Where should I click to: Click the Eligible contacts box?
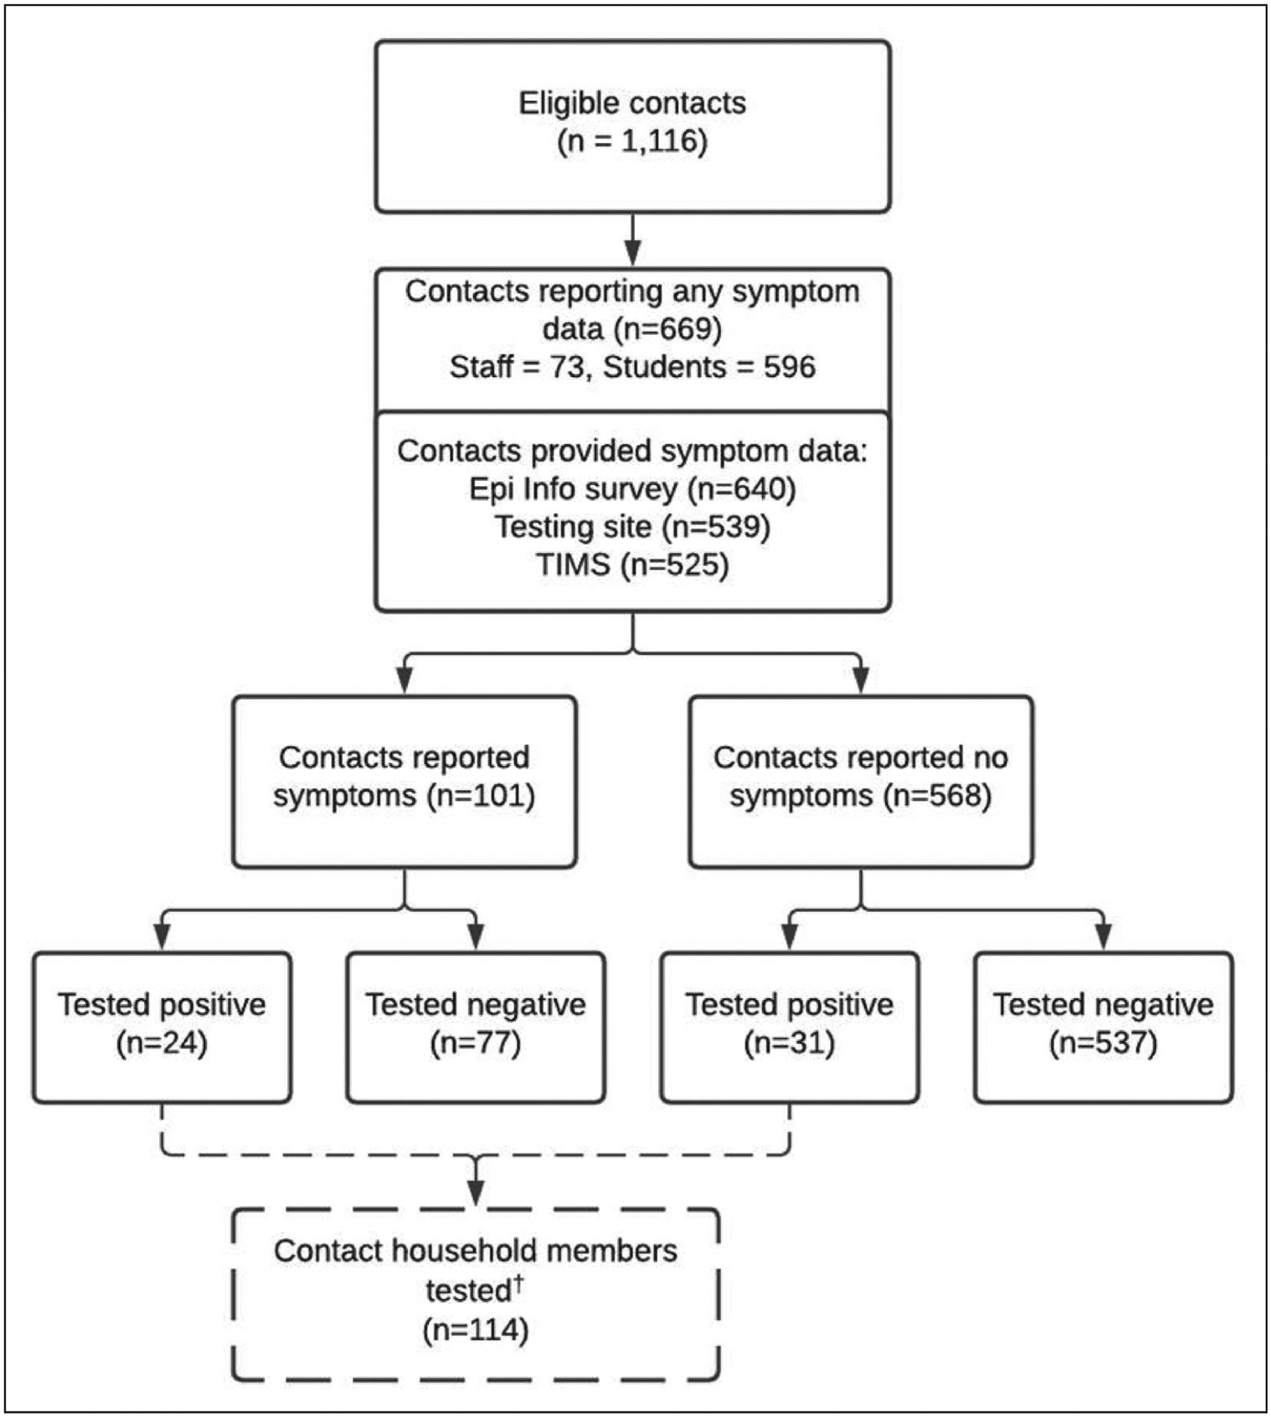click(633, 126)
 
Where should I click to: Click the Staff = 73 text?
click(518, 367)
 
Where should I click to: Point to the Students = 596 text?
click(709, 367)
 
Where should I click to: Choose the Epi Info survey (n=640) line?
click(633, 489)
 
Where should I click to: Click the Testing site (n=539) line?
click(633, 527)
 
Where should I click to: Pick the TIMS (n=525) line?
click(633, 565)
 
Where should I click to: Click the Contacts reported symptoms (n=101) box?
click(404, 782)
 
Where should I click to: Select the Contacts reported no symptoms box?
click(861, 782)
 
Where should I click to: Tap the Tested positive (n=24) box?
click(162, 1027)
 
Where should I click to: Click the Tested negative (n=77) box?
click(476, 1027)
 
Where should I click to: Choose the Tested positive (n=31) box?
click(789, 1027)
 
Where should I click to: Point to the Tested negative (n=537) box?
click(1103, 1027)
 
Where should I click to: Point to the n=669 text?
click(667, 329)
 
